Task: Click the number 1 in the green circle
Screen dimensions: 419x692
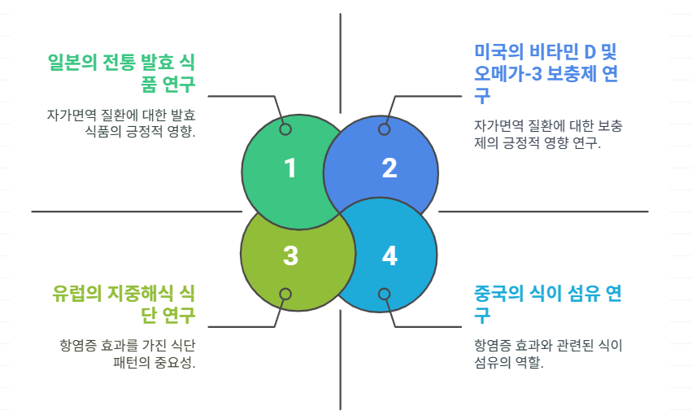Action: (x=290, y=168)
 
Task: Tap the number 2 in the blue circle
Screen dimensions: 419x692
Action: (x=390, y=168)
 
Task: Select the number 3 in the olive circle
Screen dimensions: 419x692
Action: (x=290, y=255)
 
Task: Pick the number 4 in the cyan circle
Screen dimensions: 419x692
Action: (x=390, y=255)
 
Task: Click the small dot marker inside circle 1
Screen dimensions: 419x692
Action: (x=285, y=129)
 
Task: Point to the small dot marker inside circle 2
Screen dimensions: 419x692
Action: (x=384, y=129)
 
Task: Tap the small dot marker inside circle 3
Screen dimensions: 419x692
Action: (x=285, y=295)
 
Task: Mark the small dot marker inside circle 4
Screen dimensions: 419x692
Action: (x=384, y=295)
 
